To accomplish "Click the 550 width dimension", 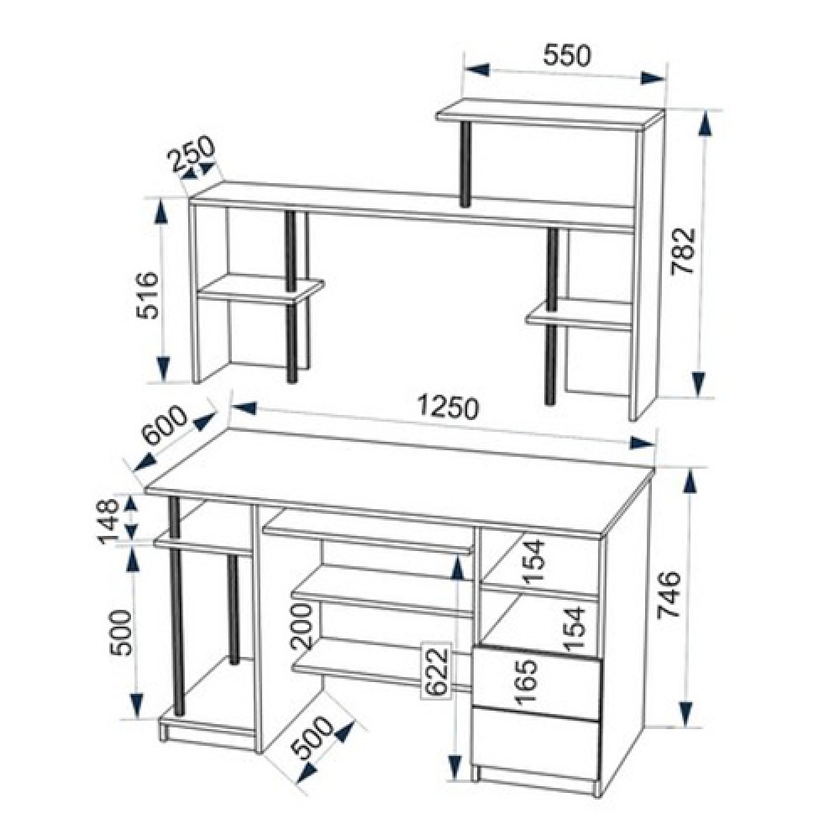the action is coord(567,55).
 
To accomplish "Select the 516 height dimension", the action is coord(148,295).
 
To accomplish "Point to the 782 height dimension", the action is coord(682,251).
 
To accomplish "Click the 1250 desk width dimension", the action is coord(448,407).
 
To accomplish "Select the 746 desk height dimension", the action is coord(669,595).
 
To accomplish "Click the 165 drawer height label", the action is coord(525,681).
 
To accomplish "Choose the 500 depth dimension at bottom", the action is coord(314,738).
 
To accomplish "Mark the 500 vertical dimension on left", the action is coord(121,633).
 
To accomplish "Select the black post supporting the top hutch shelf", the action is coord(465,164).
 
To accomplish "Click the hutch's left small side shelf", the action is coord(261,289).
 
